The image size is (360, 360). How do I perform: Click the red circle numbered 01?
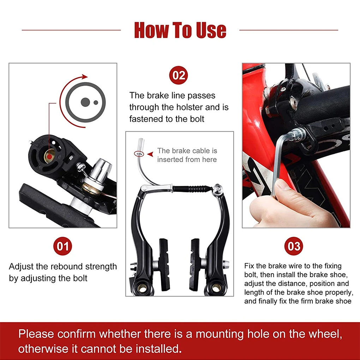[x=63, y=246]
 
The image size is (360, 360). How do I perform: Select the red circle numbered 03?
[x=294, y=246]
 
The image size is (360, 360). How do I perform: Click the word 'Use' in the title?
[x=206, y=30]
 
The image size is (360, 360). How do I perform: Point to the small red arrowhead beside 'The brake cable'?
[x=150, y=154]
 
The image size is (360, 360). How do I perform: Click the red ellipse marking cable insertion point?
[x=138, y=154]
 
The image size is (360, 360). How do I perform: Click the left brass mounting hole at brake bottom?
[x=143, y=288]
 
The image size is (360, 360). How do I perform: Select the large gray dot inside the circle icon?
[x=85, y=102]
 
